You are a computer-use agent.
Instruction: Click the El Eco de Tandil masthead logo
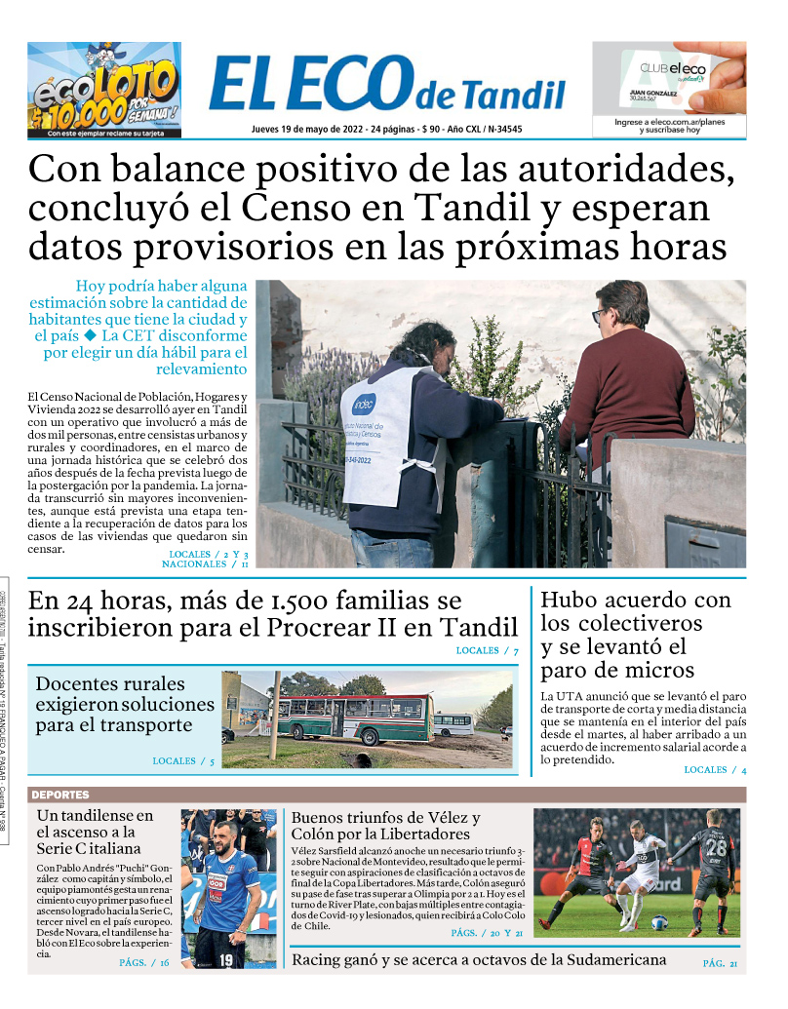(386, 85)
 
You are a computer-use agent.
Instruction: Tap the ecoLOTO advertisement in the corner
(103, 89)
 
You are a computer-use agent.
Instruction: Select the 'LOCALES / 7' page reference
(487, 650)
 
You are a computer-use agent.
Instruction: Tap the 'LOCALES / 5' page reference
(183, 760)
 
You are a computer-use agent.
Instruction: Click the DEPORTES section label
(60, 795)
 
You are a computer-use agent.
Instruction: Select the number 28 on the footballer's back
(717, 846)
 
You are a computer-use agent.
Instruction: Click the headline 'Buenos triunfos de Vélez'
(385, 825)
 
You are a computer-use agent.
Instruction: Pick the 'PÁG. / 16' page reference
(144, 963)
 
